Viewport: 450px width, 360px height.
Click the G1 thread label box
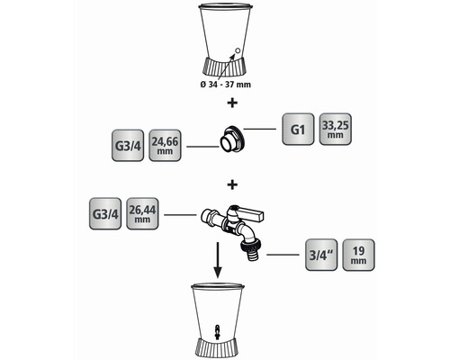(x=298, y=129)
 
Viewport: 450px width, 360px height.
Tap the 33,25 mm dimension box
(x=335, y=129)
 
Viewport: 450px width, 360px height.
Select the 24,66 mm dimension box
(x=165, y=146)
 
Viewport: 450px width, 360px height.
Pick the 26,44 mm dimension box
(x=142, y=213)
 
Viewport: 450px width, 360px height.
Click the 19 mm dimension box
(x=358, y=255)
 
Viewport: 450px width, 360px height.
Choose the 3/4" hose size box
(x=321, y=255)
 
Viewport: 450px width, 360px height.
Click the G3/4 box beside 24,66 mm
(x=128, y=146)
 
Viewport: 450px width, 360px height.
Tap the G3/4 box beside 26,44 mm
(x=105, y=213)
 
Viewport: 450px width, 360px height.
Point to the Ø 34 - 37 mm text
(x=225, y=85)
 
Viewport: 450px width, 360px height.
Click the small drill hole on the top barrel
(x=237, y=50)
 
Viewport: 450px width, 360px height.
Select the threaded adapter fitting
(x=232, y=139)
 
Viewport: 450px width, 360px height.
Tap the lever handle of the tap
(x=250, y=212)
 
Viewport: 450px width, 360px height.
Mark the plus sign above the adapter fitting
(x=232, y=103)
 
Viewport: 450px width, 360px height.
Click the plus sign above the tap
(x=232, y=184)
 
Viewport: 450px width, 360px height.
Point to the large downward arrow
(x=218, y=260)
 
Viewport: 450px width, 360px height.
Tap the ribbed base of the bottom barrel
(x=218, y=348)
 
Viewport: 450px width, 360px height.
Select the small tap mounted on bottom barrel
(x=218, y=330)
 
